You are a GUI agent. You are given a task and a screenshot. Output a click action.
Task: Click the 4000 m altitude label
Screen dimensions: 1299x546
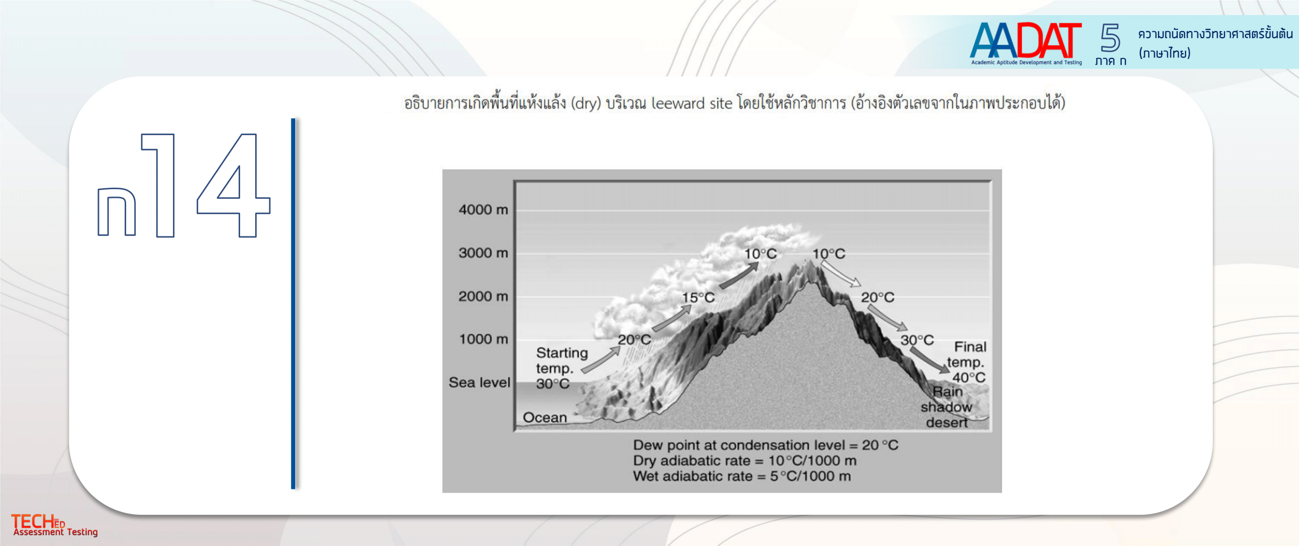coord(483,210)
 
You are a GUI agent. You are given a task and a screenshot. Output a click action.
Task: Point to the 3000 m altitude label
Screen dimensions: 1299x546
coord(483,253)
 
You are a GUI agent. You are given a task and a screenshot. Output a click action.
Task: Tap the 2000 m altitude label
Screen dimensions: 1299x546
coord(483,296)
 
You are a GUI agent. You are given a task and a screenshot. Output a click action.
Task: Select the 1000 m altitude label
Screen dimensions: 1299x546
coord(483,339)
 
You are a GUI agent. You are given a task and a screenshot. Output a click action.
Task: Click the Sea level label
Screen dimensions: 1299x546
coord(479,383)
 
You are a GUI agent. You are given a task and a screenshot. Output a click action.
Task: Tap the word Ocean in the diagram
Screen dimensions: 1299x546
coord(545,417)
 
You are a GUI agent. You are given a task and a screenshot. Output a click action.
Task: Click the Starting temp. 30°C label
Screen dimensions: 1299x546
coord(562,369)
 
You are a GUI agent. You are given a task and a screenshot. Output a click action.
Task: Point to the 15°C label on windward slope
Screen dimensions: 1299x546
coord(698,298)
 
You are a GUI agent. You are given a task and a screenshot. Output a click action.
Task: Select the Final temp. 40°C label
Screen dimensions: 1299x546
coord(967,362)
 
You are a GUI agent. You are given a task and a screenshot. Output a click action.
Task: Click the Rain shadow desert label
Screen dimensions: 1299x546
coord(946,407)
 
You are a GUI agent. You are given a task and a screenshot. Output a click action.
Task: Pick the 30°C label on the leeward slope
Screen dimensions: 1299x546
coord(917,340)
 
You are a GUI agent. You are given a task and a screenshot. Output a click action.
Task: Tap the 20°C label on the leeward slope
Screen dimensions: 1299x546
coord(877,297)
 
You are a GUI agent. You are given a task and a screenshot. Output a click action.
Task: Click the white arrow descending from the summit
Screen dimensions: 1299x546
coord(841,274)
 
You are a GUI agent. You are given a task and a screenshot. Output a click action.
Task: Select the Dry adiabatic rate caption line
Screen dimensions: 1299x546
coord(744,461)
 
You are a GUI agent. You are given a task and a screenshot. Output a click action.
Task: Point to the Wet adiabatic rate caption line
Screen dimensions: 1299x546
coord(742,476)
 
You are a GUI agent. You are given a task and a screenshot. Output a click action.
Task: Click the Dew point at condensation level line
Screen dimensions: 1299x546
coord(766,445)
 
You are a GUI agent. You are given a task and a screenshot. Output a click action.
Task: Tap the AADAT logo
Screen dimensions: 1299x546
coord(1026,43)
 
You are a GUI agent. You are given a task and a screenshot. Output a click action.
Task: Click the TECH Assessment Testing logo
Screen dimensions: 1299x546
coord(55,525)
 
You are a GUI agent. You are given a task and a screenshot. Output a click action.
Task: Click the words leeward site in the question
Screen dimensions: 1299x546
coord(692,103)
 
